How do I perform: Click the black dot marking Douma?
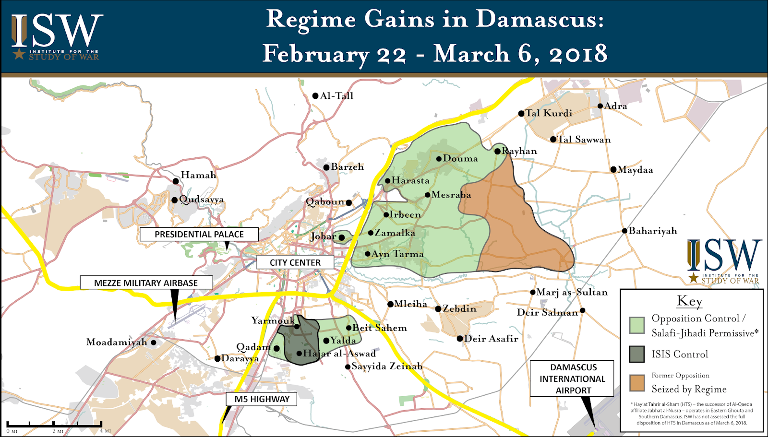439,159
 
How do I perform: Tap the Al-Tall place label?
336,96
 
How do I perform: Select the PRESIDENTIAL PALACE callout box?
199,234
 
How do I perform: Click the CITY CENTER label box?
295,262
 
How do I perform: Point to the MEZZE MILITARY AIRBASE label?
146,283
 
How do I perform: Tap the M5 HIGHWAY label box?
262,399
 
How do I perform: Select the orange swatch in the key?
637,383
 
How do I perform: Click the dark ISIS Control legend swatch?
637,354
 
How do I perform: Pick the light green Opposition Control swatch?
637,325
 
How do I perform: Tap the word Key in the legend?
689,301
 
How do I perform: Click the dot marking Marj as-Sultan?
533,292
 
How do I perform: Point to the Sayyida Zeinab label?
386,366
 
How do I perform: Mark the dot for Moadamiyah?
154,343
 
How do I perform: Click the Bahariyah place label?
652,231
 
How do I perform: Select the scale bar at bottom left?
54,425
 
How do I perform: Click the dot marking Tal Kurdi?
521,114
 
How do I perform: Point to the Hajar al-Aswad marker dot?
299,354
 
